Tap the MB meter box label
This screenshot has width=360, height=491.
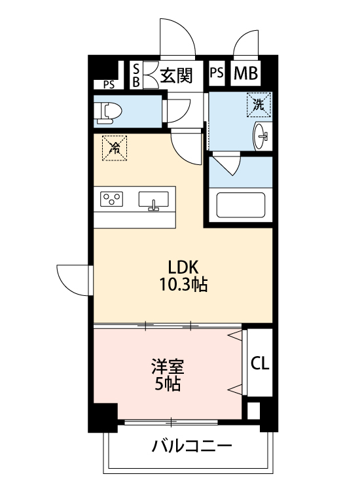pyautogui.click(x=245, y=74)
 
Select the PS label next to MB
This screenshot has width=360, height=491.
pyautogui.click(x=217, y=74)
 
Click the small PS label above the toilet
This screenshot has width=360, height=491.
pyautogui.click(x=108, y=84)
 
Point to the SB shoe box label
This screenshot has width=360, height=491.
pyautogui.click(x=136, y=75)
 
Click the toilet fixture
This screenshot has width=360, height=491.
pyautogui.click(x=108, y=112)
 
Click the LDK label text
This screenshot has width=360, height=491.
pyautogui.click(x=183, y=267)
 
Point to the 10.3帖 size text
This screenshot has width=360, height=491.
pyautogui.click(x=183, y=285)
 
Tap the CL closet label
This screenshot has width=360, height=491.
pyautogui.click(x=260, y=363)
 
